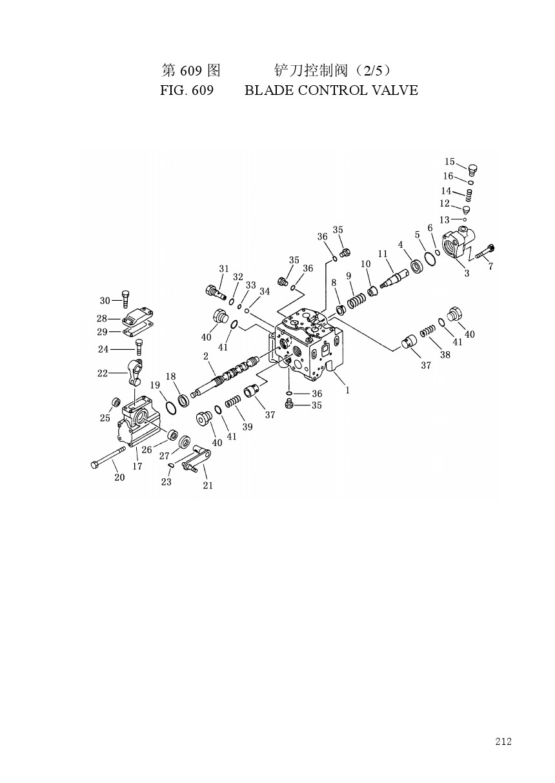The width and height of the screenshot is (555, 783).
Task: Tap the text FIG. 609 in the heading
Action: point(187,90)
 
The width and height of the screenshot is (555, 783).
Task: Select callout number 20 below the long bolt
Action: point(119,477)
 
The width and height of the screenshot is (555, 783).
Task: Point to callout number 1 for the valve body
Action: point(347,390)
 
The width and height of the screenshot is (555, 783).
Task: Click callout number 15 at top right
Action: point(449,161)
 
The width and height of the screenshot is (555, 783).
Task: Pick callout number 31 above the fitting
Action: point(224,269)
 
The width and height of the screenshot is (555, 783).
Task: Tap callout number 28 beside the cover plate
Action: point(102,318)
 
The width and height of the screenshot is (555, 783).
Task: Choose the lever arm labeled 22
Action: point(134,372)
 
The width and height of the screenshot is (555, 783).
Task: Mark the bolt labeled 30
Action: point(126,299)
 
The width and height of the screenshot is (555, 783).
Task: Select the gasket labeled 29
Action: point(138,330)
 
